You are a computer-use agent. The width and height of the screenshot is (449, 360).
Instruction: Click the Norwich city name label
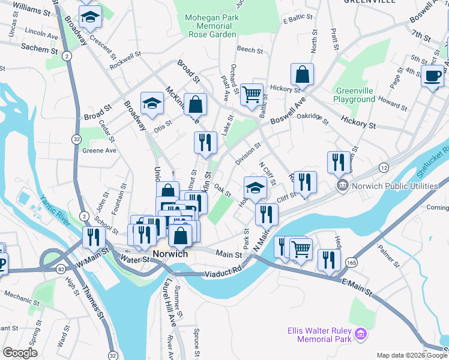tap(170, 254)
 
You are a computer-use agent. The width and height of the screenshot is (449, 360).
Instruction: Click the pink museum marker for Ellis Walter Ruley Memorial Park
tap(361, 334)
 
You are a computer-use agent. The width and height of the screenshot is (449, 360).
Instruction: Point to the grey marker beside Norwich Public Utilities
tap(343, 186)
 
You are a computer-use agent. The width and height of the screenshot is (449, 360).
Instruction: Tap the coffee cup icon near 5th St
tap(432, 76)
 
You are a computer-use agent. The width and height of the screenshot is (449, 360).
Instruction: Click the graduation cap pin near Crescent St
tap(91, 18)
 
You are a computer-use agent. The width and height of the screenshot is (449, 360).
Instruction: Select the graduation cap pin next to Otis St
tap(152, 103)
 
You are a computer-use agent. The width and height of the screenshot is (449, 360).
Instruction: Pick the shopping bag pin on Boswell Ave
tap(303, 74)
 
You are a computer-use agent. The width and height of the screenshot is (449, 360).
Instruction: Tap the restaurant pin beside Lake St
tap(205, 142)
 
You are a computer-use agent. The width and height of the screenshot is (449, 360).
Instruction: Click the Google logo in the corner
tap(20, 353)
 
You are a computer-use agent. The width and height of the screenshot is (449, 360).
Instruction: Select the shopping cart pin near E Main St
tap(301, 248)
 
